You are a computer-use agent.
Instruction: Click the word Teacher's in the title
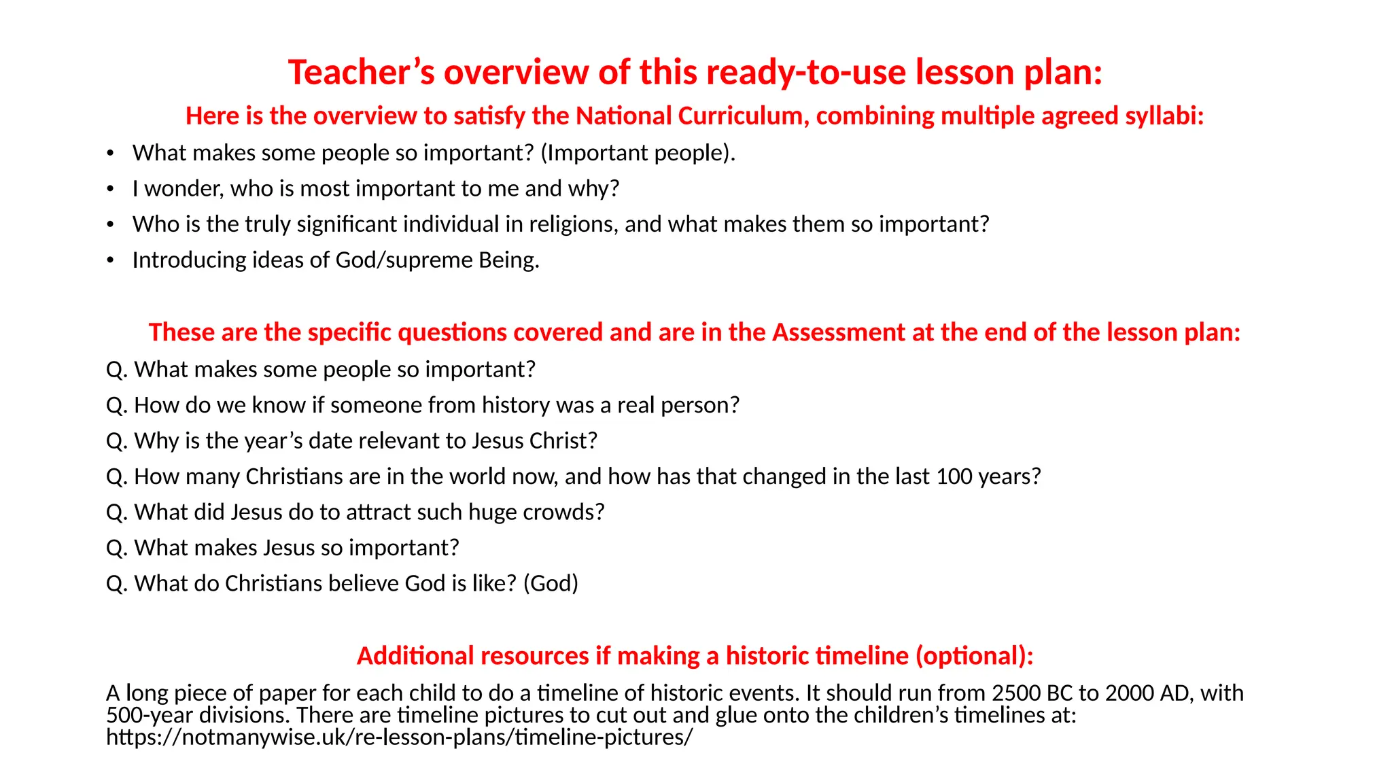coord(361,72)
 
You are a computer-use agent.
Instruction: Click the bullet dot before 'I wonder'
coord(110,189)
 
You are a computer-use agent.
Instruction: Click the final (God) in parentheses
coord(551,584)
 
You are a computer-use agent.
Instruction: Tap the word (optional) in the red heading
coord(974,656)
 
